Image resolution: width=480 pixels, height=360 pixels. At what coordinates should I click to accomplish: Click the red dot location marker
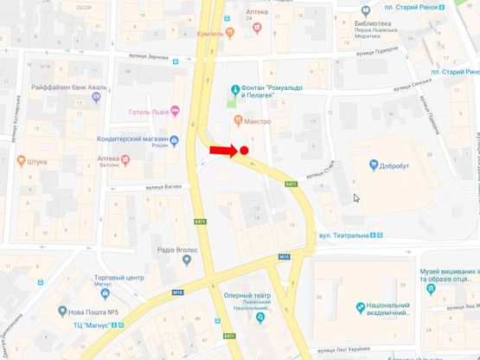[245, 151]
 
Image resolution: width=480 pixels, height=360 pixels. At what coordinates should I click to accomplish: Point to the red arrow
[223, 151]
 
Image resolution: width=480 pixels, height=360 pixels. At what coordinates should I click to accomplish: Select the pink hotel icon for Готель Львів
[176, 110]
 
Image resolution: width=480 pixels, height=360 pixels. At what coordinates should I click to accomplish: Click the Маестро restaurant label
[256, 121]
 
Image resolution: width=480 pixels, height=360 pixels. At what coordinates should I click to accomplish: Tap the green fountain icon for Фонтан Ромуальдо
[234, 89]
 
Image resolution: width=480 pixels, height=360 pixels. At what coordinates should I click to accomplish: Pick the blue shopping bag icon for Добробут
[374, 164]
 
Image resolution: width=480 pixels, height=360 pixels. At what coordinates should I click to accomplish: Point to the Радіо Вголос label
[177, 250]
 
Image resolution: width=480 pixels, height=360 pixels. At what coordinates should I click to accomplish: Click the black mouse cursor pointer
[356, 198]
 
